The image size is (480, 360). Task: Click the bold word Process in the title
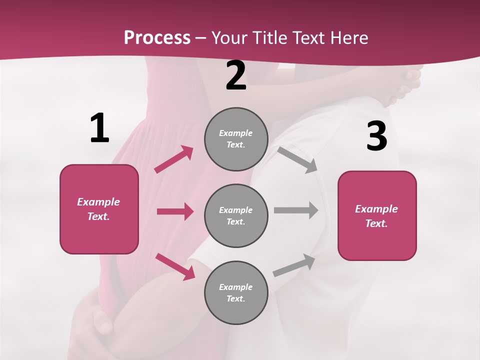point(157,37)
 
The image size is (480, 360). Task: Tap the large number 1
point(99,128)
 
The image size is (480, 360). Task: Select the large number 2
point(236,75)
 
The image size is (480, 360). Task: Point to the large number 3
point(376,136)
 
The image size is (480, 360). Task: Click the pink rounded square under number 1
point(99,209)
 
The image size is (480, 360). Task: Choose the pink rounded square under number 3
point(377,215)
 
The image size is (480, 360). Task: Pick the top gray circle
point(236,139)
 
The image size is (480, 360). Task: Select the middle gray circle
point(236,215)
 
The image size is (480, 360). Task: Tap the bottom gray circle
point(236,292)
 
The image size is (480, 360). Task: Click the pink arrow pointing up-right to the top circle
point(174,159)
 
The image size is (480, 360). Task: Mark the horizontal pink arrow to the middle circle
point(175,211)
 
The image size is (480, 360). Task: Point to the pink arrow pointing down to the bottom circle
point(175,266)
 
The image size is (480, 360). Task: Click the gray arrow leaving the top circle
point(297,159)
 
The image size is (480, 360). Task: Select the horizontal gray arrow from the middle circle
point(296,210)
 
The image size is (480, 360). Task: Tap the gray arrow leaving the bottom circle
point(294,265)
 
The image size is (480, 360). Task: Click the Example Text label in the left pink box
point(98,209)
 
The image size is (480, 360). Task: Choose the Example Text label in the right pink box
point(376,216)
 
